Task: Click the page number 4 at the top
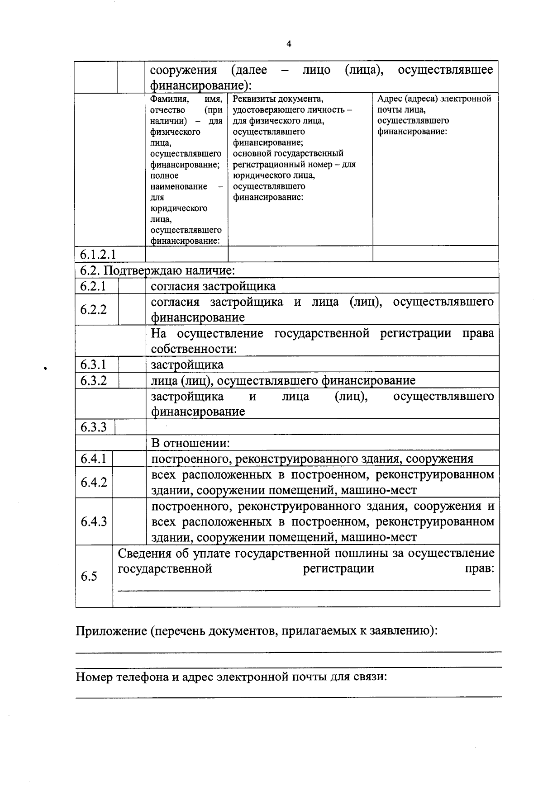click(289, 44)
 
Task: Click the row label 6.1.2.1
click(98, 254)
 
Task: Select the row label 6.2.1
click(93, 286)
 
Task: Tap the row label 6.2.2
click(93, 310)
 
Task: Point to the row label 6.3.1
click(93, 365)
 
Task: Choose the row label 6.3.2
click(93, 380)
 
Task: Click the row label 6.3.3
click(93, 427)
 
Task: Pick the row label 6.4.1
click(93, 459)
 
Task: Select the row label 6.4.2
click(93, 483)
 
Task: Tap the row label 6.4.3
click(93, 522)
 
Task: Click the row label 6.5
click(89, 576)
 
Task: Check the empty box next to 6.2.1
click(132, 286)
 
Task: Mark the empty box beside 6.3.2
click(132, 380)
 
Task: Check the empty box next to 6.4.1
click(129, 459)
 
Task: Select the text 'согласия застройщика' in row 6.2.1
click(213, 286)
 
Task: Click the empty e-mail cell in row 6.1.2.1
click(436, 254)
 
